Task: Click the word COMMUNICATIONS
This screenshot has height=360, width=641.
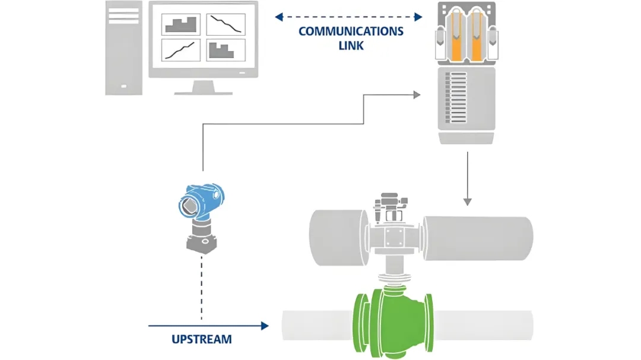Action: [x=351, y=31]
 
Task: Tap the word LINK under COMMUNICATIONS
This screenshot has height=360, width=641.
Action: [x=351, y=46]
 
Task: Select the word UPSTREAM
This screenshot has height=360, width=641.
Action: [x=202, y=339]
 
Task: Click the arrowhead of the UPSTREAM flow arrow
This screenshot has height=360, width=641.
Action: [x=265, y=326]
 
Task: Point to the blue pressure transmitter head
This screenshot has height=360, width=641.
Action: [x=201, y=201]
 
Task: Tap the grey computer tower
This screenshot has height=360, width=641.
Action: [x=124, y=48]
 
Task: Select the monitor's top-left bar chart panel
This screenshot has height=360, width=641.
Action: [x=180, y=24]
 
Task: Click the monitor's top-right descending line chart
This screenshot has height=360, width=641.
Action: [x=226, y=24]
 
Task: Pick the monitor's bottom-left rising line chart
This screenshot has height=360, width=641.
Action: [x=180, y=50]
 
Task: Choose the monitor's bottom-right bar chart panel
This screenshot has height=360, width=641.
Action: [x=226, y=50]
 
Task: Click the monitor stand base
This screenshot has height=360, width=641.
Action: [x=203, y=93]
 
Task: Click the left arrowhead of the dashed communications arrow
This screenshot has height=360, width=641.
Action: [x=279, y=17]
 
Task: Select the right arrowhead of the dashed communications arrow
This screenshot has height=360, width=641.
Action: [x=418, y=17]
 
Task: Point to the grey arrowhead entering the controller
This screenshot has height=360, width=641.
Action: [x=417, y=95]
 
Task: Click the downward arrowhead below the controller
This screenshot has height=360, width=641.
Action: [x=467, y=202]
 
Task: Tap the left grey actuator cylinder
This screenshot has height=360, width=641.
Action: [x=338, y=237]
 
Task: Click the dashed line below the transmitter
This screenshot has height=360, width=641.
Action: [x=202, y=288]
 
